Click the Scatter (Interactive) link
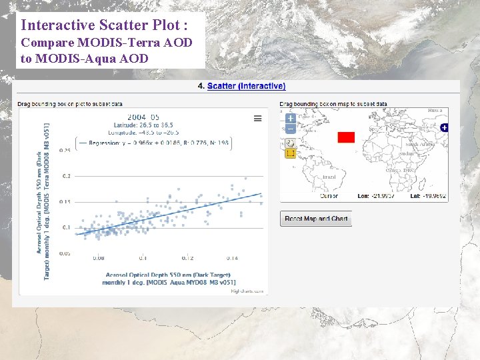point(246,86)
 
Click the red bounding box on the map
point(346,137)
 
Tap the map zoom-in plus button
point(291,118)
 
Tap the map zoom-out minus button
point(291,129)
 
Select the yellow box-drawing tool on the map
point(290,153)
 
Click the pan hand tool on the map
point(290,143)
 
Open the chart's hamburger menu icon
point(257,118)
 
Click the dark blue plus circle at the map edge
point(444,127)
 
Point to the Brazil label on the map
point(329,177)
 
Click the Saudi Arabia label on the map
point(420,145)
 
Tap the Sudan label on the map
point(406,154)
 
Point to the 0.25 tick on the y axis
point(65,151)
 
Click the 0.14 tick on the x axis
point(232,258)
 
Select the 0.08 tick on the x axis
point(99,258)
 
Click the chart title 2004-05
point(143,117)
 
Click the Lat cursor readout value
point(434,197)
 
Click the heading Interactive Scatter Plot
point(104,25)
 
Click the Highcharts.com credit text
point(247,291)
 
